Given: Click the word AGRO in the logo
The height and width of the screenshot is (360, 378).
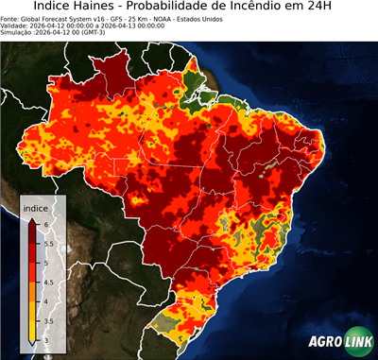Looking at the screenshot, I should pyautogui.click(x=327, y=343).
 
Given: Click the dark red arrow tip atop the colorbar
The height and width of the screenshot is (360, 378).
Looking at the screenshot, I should pyautogui.click(x=32, y=219).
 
